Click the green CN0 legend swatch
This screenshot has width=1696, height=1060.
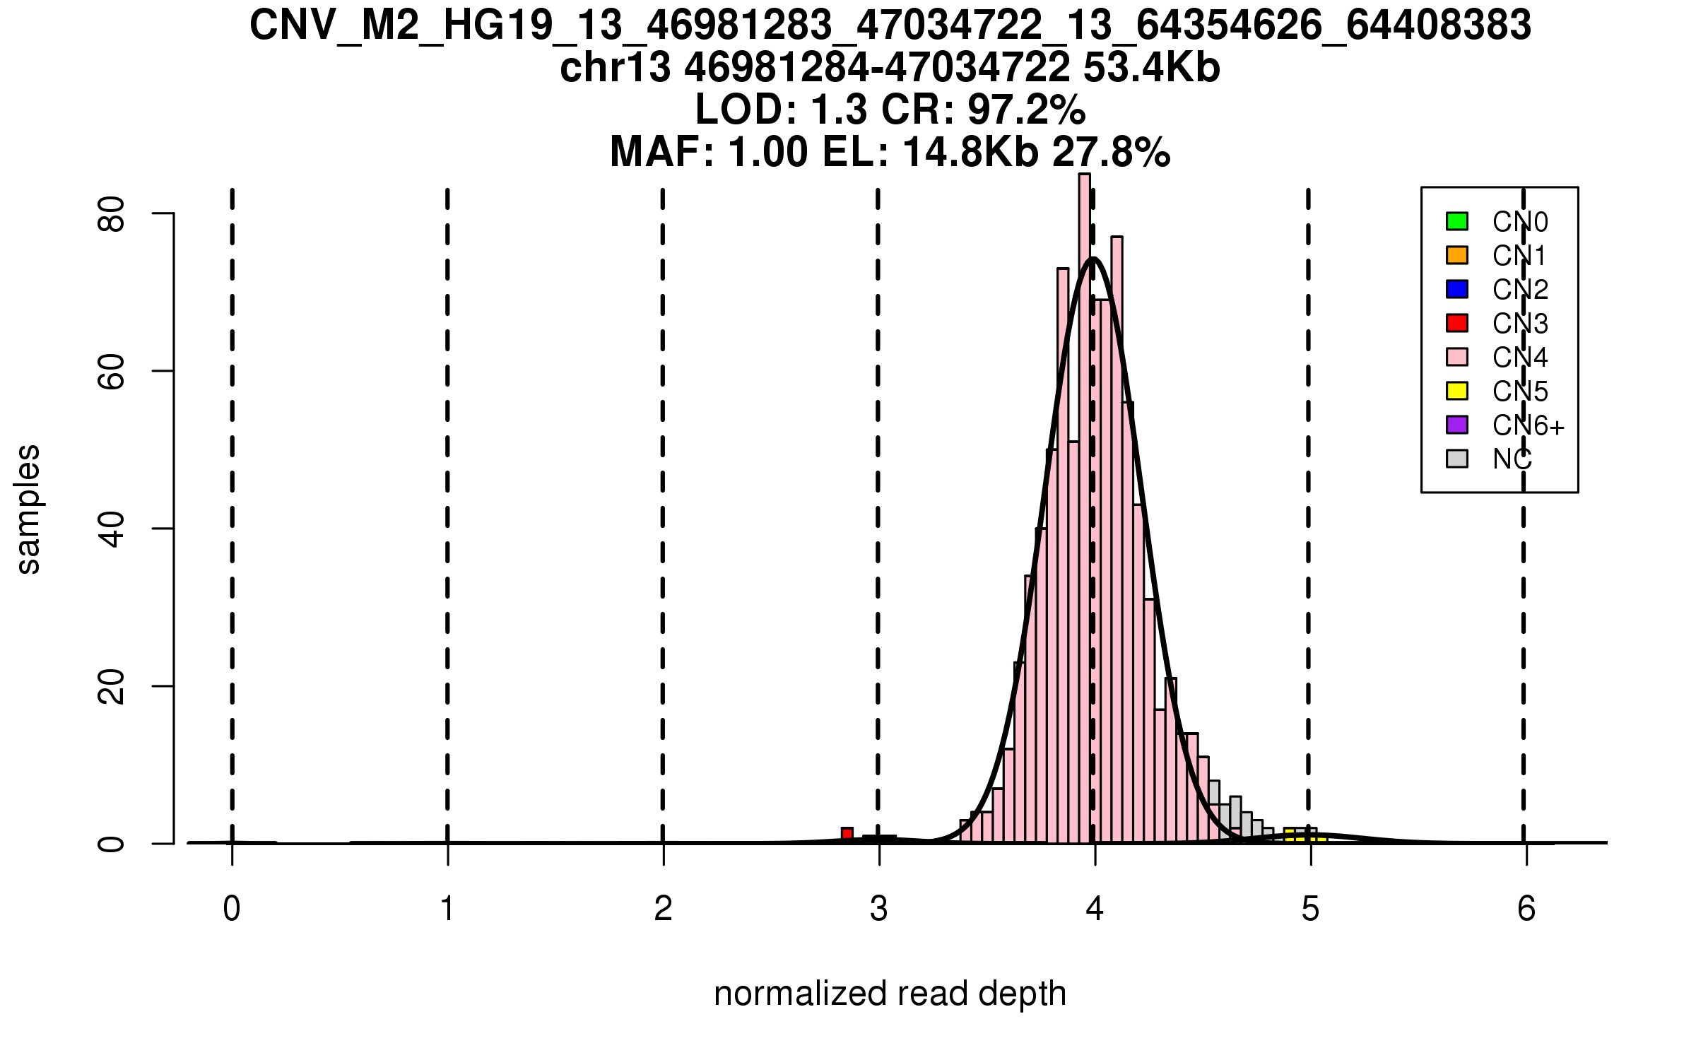point(1457,221)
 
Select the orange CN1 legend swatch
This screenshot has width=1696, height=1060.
point(1457,255)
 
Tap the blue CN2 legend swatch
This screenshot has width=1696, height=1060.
point(1457,289)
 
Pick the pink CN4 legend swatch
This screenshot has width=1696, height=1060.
point(1457,357)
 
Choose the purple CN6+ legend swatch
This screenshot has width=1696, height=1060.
point(1457,425)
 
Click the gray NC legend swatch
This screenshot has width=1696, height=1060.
point(1457,459)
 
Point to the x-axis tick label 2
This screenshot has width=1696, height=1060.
point(663,909)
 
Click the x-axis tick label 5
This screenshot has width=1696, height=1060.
point(1310,909)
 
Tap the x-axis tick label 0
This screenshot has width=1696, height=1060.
point(232,909)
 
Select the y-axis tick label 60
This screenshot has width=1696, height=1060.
point(112,372)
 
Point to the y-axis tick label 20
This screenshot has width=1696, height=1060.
point(112,687)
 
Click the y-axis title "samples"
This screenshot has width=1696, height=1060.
point(28,509)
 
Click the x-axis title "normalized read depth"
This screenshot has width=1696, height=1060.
point(890,994)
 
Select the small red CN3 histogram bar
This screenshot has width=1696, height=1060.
point(847,834)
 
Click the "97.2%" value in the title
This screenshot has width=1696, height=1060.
point(1026,110)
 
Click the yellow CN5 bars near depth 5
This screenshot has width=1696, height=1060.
point(1300,835)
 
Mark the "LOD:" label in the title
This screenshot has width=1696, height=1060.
point(746,110)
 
